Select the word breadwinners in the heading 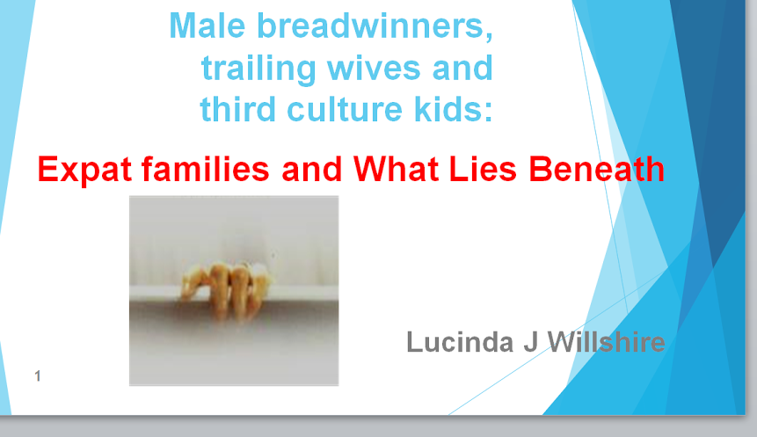pos(375,26)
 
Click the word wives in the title pos(374,69)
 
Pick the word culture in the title pos(345,109)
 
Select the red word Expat pos(84,170)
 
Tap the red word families pos(205,169)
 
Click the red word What pos(397,169)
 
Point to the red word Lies pos(483,169)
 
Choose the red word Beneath pos(597,169)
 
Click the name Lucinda pos(460,342)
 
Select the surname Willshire pos(606,342)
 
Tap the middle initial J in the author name pos(530,342)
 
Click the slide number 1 pos(38,375)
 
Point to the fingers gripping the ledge pos(225,290)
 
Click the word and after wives pos(462,69)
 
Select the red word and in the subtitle pos(311,169)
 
